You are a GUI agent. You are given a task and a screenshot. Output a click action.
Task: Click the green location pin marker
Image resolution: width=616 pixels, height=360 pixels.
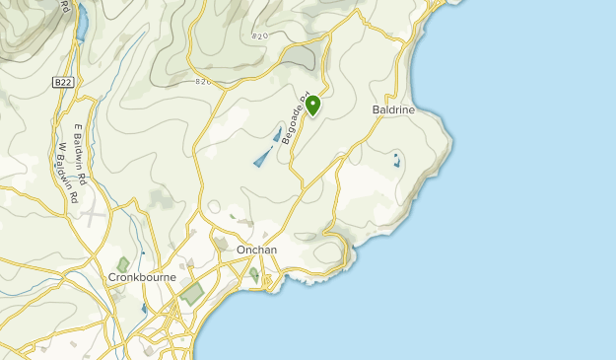[312, 104]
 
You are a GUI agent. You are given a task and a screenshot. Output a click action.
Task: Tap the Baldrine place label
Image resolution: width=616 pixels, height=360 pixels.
[393, 109]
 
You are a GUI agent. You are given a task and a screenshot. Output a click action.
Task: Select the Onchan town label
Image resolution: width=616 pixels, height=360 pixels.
[256, 251]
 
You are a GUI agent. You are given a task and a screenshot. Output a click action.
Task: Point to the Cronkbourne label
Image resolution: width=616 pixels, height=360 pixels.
[142, 278]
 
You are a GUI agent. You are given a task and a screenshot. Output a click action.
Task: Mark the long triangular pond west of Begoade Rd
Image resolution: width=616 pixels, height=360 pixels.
[261, 156]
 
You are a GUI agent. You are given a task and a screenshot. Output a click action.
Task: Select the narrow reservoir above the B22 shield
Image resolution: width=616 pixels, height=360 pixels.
[82, 17]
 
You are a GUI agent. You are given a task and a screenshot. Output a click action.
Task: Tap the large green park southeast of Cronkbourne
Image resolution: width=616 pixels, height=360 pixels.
[192, 293]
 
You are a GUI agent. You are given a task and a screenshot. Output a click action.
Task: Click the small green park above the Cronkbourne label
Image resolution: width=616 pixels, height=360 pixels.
[123, 263]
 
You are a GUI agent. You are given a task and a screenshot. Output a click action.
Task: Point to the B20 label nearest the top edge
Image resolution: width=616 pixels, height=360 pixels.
[260, 36]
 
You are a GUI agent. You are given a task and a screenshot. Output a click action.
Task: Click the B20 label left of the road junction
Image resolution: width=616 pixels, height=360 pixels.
[204, 82]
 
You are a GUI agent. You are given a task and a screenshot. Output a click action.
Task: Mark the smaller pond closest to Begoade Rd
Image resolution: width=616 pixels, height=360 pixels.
[277, 134]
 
